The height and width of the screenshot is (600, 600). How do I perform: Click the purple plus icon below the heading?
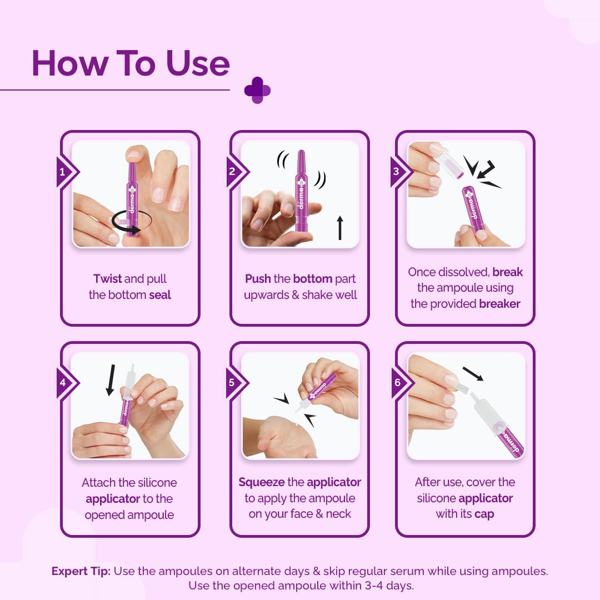click(258, 91)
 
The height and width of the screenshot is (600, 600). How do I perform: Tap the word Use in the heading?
click(198, 63)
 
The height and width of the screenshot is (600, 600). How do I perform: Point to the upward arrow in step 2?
click(340, 228)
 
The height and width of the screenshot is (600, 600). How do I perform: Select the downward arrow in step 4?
click(111, 380)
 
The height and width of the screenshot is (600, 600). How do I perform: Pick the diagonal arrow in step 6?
click(473, 374)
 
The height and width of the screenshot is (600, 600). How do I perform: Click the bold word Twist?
click(108, 278)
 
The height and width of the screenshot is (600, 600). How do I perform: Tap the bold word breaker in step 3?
click(499, 304)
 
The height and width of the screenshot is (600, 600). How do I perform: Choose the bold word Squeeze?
click(262, 483)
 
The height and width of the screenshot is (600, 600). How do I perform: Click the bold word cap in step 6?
click(484, 514)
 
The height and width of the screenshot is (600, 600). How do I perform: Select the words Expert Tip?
click(81, 571)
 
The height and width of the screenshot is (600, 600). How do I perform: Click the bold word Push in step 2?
click(258, 278)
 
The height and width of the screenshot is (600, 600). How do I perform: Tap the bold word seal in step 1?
click(160, 295)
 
